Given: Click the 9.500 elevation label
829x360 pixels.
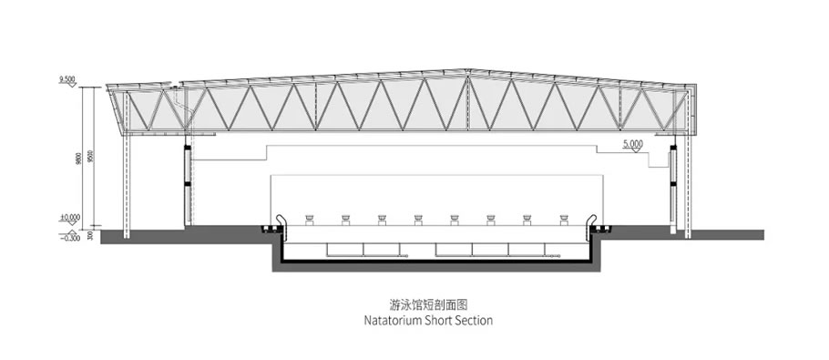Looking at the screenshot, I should [x=67, y=80].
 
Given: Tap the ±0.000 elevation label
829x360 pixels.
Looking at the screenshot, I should [x=69, y=217].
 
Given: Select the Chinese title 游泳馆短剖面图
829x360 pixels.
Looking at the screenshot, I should [x=414, y=305].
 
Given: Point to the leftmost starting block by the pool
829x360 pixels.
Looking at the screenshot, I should [x=311, y=219].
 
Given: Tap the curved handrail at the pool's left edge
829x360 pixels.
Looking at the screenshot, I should [x=271, y=221].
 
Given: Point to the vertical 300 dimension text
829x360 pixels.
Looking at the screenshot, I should [x=90, y=235].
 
